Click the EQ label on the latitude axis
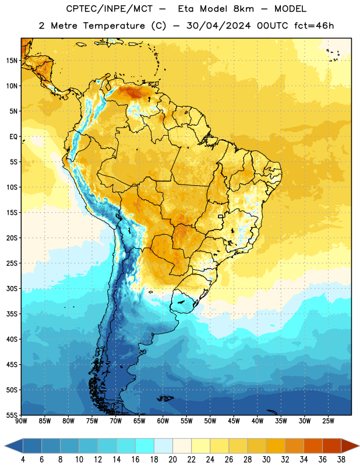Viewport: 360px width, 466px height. (x=13, y=137)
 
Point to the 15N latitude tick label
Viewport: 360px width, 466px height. (x=12, y=61)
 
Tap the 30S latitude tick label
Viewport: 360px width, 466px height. (x=12, y=289)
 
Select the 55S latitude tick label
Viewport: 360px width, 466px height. (x=12, y=415)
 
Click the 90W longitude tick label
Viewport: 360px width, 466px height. (x=21, y=421)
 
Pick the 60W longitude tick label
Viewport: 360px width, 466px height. (x=163, y=421)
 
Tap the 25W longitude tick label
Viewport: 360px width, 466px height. (x=328, y=421)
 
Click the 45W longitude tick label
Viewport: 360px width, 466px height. (x=234, y=421)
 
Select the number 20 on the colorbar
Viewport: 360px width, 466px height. (x=172, y=460)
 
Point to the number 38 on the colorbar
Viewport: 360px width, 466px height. (x=341, y=460)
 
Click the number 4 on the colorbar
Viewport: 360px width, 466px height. (x=23, y=460)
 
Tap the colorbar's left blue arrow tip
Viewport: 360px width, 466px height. (x=5, y=446)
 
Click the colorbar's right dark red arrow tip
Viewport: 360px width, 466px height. (x=359, y=446)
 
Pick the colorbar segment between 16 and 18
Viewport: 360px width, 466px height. (x=144, y=446)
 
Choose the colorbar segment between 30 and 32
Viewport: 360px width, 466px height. (x=276, y=446)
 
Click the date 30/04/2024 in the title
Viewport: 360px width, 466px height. (x=218, y=26)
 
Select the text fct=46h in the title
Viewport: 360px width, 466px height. (x=314, y=26)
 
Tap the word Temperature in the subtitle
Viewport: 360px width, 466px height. (x=114, y=26)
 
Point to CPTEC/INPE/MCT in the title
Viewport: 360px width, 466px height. (x=109, y=9)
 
